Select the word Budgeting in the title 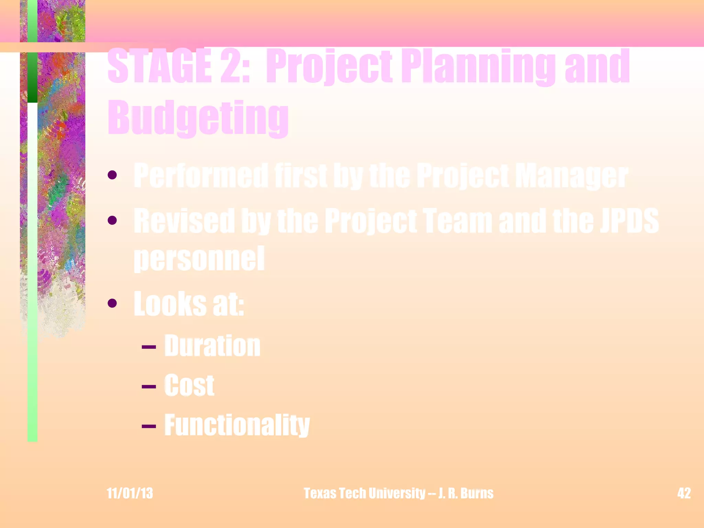point(198,118)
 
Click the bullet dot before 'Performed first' point(112,175)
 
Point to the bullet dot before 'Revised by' point(112,220)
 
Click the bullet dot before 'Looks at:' point(112,303)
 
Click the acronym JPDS point(629,221)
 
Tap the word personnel point(199,258)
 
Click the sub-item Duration point(212,346)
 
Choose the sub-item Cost point(189,385)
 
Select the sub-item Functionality point(237,425)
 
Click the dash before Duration point(149,347)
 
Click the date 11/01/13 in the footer point(130,493)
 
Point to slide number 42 point(684,493)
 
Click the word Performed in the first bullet point(201,176)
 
